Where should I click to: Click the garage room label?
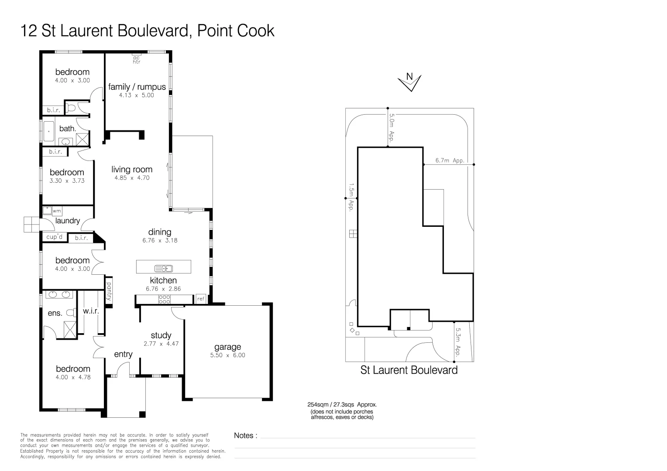pyautogui.click(x=227, y=347)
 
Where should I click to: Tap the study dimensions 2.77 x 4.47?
pyautogui.click(x=161, y=344)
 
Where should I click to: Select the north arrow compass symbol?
pyautogui.click(x=409, y=82)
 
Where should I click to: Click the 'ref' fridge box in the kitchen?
pyautogui.click(x=201, y=299)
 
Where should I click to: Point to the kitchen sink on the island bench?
pyautogui.click(x=164, y=268)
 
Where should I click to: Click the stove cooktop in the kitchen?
pyautogui.click(x=164, y=299)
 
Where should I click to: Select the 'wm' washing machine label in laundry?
pyautogui.click(x=57, y=211)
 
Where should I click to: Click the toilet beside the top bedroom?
pyautogui.click(x=72, y=108)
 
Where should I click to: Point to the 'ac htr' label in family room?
pyautogui.click(x=137, y=60)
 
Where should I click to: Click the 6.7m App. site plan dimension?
pyautogui.click(x=449, y=160)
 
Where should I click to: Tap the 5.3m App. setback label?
pyautogui.click(x=458, y=342)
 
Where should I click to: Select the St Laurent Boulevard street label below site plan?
pyautogui.click(x=409, y=370)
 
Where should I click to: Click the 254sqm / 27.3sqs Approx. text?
pyautogui.click(x=342, y=404)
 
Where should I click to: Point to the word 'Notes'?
pyautogui.click(x=244, y=435)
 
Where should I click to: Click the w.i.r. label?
pyautogui.click(x=91, y=311)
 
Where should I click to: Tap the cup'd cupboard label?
pyautogui.click(x=55, y=237)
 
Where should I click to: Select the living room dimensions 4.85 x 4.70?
pyautogui.click(x=132, y=178)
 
